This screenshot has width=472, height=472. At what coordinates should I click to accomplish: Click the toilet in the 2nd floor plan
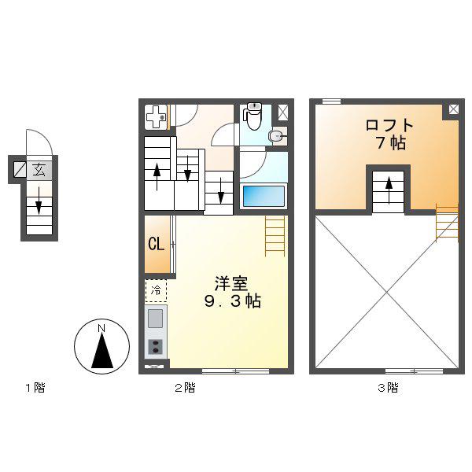(253, 116)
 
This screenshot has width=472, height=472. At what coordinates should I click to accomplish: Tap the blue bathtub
(264, 196)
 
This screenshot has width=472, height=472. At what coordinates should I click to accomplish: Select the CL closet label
(157, 244)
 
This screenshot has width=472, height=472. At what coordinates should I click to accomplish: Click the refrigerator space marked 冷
(156, 291)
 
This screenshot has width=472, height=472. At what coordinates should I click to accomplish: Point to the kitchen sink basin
(155, 319)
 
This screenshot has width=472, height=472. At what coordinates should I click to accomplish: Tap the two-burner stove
(156, 347)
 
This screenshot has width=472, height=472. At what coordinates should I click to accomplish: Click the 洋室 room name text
(231, 283)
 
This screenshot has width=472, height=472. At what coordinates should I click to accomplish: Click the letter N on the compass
(101, 329)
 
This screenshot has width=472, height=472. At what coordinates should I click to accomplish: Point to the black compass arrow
(102, 351)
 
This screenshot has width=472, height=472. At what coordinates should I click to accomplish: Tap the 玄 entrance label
(39, 171)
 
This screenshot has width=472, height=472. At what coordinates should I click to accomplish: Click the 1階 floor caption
(35, 388)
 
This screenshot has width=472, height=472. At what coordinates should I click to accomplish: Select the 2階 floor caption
(185, 388)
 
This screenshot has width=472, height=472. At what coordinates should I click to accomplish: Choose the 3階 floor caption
(388, 388)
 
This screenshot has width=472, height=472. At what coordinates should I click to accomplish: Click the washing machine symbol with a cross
(156, 116)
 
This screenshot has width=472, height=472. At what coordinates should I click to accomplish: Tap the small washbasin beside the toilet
(275, 137)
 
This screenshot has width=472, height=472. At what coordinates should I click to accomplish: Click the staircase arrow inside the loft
(389, 190)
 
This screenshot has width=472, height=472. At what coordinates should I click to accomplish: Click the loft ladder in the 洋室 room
(275, 236)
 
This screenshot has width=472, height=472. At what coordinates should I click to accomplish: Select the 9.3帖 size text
(232, 301)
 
